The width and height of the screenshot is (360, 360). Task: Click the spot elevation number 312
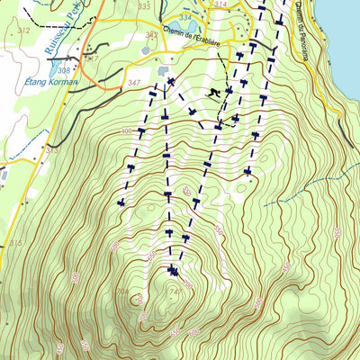point(23,31)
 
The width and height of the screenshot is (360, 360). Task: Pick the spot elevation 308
point(63,69)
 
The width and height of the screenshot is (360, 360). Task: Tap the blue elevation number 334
point(185,17)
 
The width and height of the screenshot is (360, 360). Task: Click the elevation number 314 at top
point(220,4)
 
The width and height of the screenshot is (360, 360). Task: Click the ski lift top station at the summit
point(174,270)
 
